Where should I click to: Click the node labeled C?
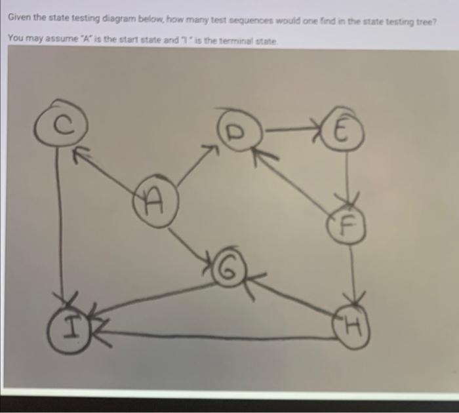[58, 125]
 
